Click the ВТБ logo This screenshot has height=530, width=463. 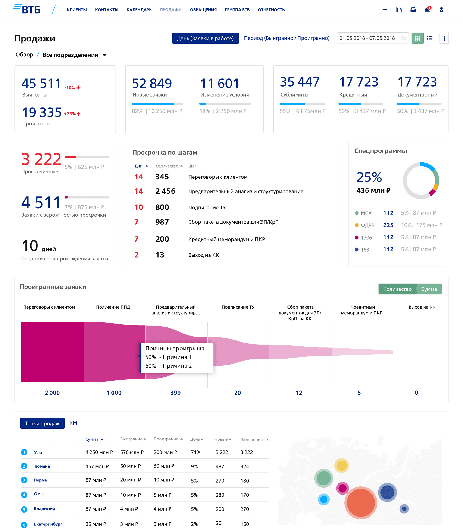tap(27, 9)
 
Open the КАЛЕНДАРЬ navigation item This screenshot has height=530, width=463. tap(139, 10)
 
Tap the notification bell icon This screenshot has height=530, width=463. tap(427, 10)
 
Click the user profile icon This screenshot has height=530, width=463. tap(441, 10)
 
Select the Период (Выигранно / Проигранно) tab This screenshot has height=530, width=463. tap(287, 38)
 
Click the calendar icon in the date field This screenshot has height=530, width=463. tap(403, 38)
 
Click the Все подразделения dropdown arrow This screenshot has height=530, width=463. tap(105, 55)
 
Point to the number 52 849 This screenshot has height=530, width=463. tap(152, 83)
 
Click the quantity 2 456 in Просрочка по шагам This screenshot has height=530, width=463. tap(165, 191)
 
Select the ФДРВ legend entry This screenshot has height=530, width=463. tap(367, 225)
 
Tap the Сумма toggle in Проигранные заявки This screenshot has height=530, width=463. tap(429, 289)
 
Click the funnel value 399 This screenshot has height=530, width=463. tap(175, 393)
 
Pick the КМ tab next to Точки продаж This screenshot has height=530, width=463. tap(73, 423)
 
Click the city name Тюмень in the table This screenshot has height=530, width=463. tap(42, 466)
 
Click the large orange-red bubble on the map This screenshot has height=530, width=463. tap(361, 503)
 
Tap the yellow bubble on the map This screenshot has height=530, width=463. tap(341, 465)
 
